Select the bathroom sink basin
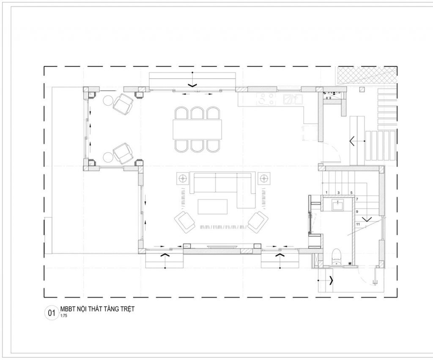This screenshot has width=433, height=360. click(338, 205)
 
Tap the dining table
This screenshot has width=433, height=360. click(197, 129)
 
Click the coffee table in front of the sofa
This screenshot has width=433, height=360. click(213, 207)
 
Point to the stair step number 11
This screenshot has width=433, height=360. click(358, 224)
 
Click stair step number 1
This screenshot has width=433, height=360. click(326, 193)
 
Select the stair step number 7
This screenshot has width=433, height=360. click(357, 199)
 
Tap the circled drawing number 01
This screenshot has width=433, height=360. click(52, 313)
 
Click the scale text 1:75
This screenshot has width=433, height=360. click(63, 316)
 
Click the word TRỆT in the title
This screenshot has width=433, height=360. click(127, 309)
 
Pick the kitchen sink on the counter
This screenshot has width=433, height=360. click(293, 99)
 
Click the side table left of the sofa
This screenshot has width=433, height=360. click(183, 178)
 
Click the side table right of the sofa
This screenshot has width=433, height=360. click(264, 178)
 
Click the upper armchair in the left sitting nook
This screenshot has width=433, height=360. click(123, 104)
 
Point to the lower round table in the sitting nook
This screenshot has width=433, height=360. click(108, 157)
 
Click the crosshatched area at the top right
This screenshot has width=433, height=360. click(367, 75)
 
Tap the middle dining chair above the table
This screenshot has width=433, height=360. click(197, 113)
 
